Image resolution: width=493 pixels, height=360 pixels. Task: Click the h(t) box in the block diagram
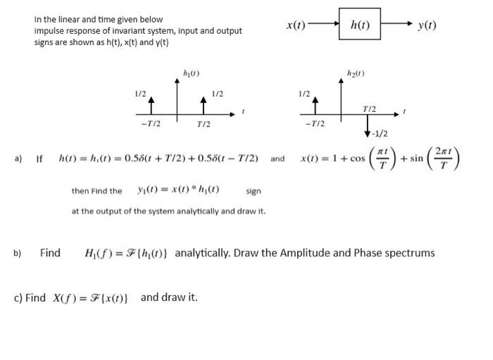361,25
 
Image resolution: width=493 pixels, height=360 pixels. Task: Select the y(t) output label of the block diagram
427,25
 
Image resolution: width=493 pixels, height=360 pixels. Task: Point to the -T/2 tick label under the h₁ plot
151,124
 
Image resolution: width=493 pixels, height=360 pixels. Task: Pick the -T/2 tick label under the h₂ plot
315,124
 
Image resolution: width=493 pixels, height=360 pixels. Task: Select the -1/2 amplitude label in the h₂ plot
380,134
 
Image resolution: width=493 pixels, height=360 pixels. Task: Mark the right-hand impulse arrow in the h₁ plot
203,105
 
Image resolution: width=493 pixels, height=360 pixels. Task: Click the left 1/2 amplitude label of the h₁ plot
141,94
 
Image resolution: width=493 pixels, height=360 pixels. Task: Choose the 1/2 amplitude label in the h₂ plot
304,94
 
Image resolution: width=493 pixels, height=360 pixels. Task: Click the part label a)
19,159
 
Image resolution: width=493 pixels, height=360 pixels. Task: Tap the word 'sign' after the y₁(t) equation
254,191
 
